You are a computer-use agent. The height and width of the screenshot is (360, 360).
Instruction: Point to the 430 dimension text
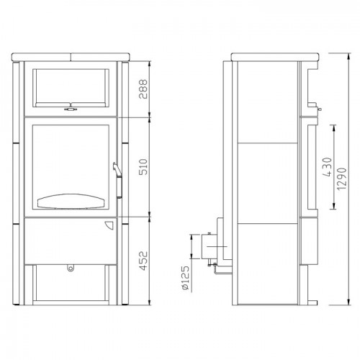click(x=327, y=168)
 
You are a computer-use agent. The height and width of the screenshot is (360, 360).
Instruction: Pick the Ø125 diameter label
click(x=185, y=277)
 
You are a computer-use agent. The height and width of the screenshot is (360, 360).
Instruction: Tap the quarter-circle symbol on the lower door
click(x=107, y=224)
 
